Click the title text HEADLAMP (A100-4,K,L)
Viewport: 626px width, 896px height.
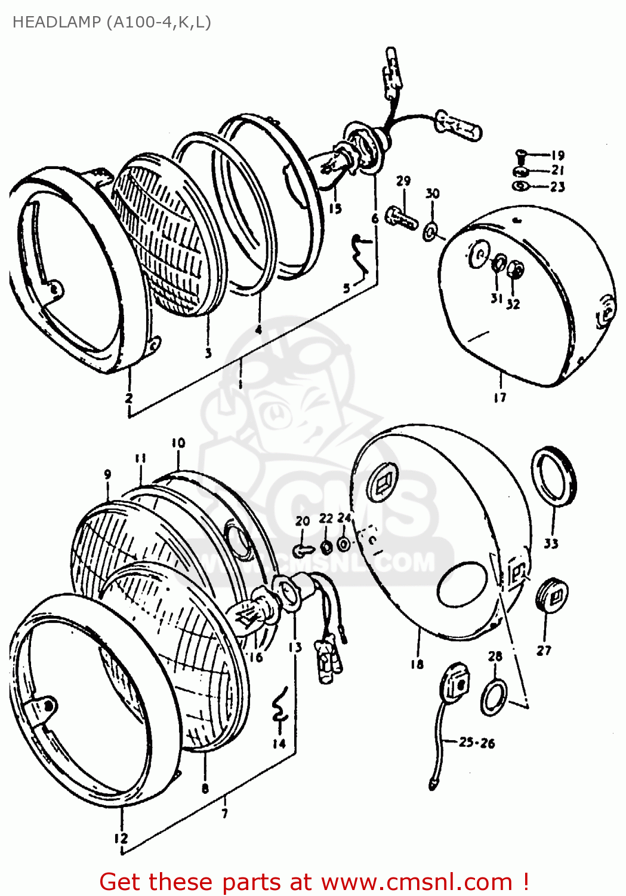coord(112,22)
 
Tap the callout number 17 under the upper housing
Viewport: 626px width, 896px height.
coord(500,397)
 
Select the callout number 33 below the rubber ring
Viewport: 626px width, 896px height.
coord(551,543)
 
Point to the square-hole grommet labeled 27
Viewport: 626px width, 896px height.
coord(552,596)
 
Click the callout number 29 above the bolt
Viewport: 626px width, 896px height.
coord(403,180)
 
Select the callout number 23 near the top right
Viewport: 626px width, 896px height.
coord(557,187)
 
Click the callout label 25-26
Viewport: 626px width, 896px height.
coord(477,742)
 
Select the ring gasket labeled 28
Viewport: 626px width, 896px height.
coord(494,696)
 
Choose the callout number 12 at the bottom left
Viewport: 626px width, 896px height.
coord(121,839)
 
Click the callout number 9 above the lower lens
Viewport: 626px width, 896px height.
coord(107,474)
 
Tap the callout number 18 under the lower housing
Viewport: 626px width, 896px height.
coord(417,664)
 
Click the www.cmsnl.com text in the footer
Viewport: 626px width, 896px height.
coord(417,882)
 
